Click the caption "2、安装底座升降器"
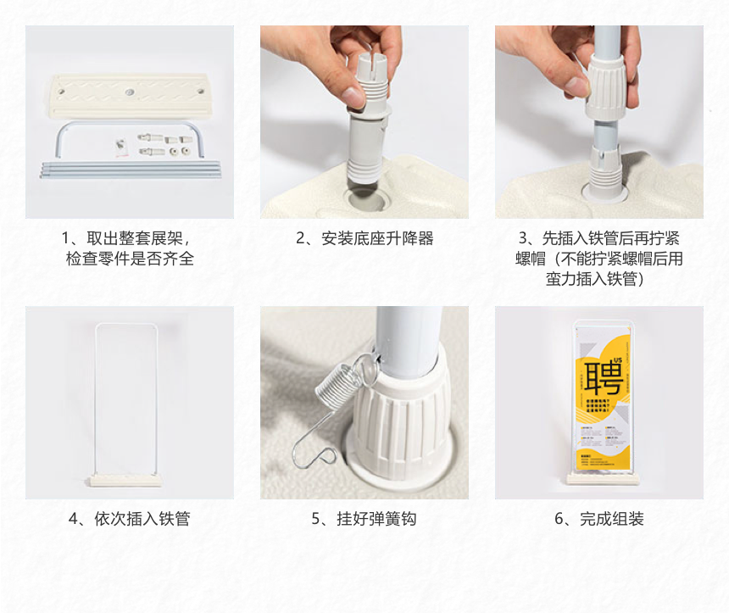pyautogui.click(x=364, y=238)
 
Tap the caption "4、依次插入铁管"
pyautogui.click(x=129, y=518)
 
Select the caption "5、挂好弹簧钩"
pyautogui.click(x=364, y=518)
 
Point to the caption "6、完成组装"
pyautogui.click(x=599, y=518)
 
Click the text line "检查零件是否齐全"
pyautogui.click(x=130, y=259)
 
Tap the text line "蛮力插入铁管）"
pyautogui.click(x=599, y=279)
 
